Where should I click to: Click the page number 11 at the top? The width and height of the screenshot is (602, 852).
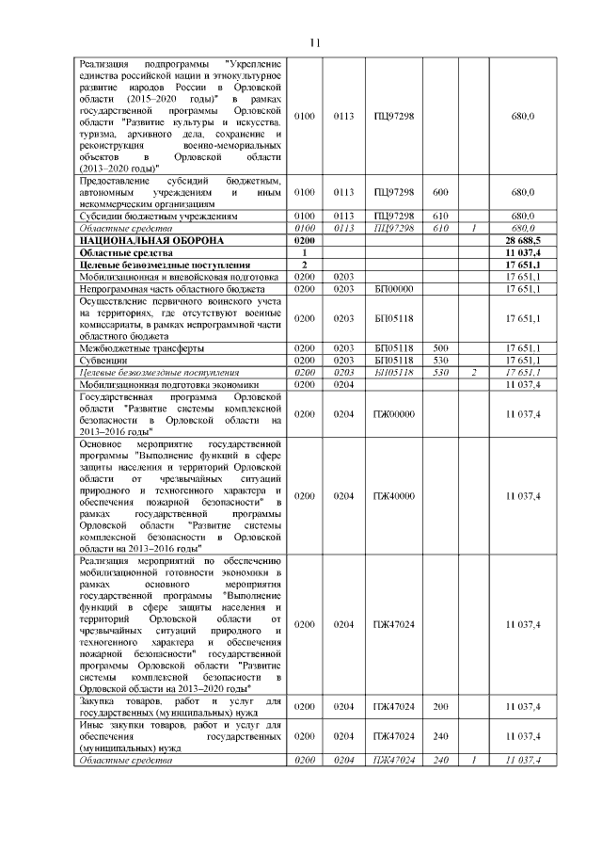[x=315, y=42]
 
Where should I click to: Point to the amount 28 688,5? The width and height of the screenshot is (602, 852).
[x=522, y=241]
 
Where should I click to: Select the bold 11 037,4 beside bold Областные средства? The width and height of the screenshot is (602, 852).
[x=522, y=253]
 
